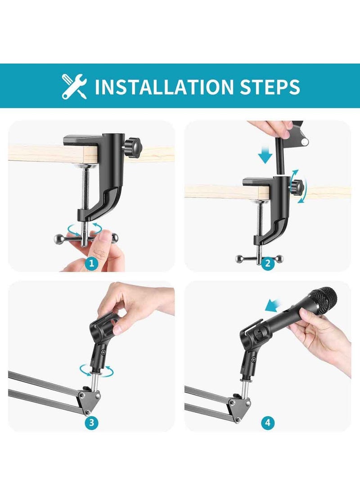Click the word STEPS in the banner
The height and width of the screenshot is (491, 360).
[x=265, y=86]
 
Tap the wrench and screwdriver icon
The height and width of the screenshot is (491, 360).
[x=74, y=86]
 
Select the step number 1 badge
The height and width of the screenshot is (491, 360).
[x=91, y=263]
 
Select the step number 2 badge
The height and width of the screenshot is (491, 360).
[x=267, y=263]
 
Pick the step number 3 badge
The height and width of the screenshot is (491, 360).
[x=91, y=423]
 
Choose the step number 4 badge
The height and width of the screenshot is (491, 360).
[x=267, y=423]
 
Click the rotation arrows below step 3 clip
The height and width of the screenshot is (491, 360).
[x=96, y=371]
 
